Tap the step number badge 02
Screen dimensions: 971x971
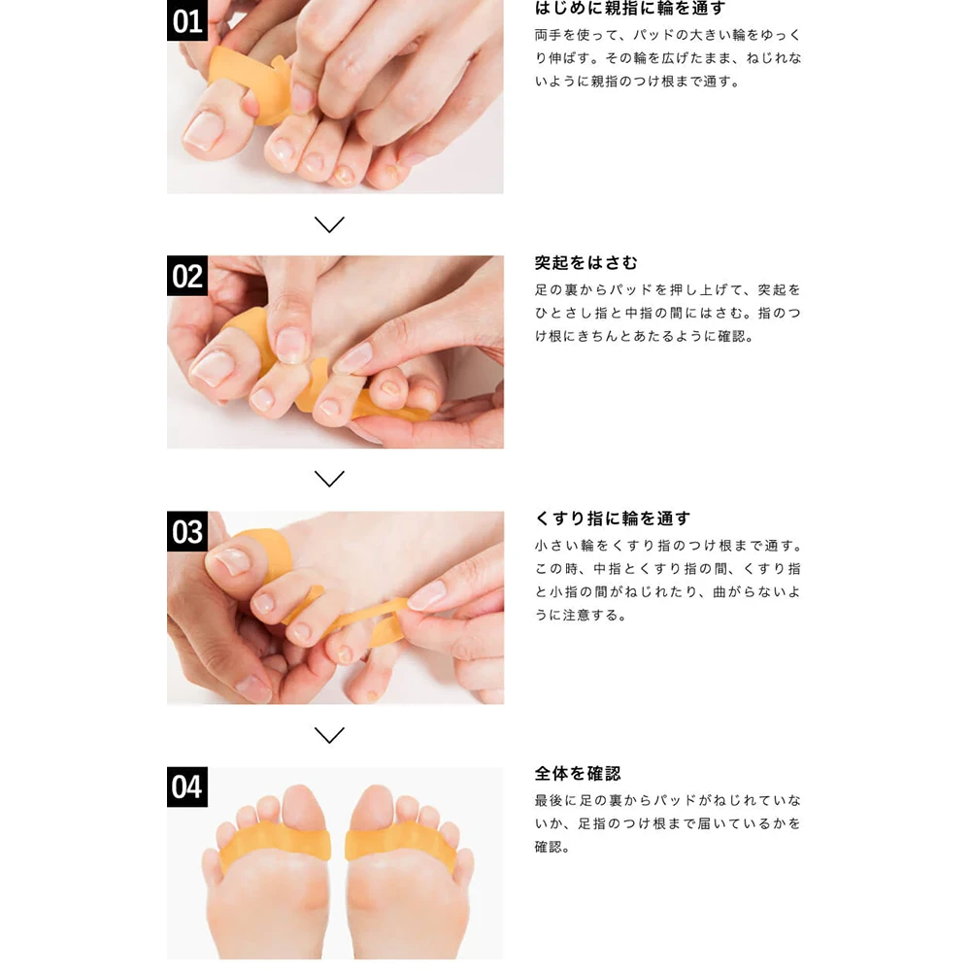pos(187,276)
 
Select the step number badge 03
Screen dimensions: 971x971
pos(187,531)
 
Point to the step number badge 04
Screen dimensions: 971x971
pos(187,787)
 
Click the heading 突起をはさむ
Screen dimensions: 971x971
pos(586,263)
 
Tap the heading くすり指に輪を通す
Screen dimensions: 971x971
pos(613,519)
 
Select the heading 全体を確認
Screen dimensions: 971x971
pos(577,774)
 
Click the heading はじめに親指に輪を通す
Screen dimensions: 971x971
pos(630,8)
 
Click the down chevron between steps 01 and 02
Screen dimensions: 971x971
pos(329,224)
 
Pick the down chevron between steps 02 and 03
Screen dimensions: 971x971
pos(329,479)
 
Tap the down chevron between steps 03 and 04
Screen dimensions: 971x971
pos(329,735)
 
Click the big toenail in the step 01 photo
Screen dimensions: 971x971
pos(204,130)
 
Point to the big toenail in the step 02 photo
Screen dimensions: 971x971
pos(213,368)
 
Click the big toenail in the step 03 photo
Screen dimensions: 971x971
pos(232,561)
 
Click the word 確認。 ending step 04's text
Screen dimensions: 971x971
pos(552,847)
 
